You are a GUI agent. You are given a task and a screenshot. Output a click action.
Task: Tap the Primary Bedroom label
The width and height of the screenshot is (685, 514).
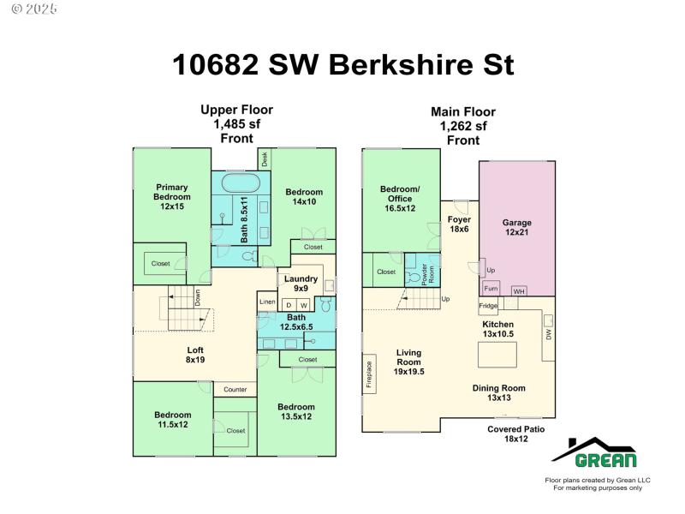pos(172,196)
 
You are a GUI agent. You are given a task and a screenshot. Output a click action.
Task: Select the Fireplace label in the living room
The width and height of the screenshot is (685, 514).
pos(369,375)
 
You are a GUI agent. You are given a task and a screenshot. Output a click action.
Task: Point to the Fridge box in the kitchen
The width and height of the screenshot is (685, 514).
pos(488,306)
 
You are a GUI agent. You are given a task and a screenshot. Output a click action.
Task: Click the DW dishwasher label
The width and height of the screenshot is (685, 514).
pos(549,336)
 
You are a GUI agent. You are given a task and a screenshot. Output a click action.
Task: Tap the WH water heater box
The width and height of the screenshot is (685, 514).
pos(518,291)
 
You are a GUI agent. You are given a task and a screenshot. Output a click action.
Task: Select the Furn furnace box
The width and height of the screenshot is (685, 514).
pos(491,289)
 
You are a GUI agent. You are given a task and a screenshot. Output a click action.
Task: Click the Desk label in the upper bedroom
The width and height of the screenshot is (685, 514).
pos(265,158)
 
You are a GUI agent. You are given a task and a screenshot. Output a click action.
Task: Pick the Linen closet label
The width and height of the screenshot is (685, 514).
pos(267,302)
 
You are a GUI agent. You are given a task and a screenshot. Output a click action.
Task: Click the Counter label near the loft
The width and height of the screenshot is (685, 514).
pos(235,390)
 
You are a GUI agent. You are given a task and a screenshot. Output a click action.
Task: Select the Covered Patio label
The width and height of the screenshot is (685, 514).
pos(516,434)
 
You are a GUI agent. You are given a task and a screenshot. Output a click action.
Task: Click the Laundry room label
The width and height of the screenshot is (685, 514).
pos(301,284)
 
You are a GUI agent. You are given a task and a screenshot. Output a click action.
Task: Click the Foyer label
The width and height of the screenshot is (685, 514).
pos(460,224)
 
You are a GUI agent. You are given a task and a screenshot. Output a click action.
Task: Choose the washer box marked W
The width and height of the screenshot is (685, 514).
pos(303,305)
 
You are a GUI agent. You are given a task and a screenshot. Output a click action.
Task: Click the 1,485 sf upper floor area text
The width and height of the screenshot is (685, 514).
pos(236,124)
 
